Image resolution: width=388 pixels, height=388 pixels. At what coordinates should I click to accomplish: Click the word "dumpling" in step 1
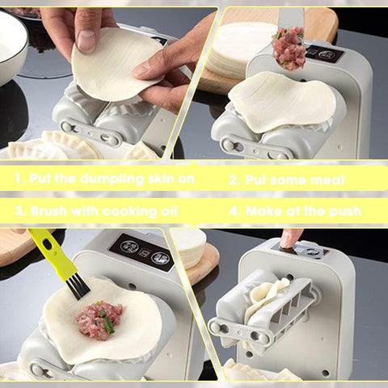pos(112,179)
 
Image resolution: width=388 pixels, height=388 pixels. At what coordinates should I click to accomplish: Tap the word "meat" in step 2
pos(327,180)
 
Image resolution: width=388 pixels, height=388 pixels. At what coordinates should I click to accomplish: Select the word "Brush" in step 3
pos(48,211)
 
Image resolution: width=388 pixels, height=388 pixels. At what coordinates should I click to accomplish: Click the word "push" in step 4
pos(345,211)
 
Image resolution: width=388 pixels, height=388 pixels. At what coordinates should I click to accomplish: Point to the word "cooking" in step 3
pos(130,212)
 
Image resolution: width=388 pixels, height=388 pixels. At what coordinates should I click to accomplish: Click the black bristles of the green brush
pos(78,287)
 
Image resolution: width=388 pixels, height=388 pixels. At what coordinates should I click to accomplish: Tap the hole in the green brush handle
pos(48,245)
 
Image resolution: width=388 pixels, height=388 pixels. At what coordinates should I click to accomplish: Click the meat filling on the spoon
pos(289,48)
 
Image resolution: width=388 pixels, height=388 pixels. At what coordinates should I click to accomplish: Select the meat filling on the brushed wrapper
pos(99,320)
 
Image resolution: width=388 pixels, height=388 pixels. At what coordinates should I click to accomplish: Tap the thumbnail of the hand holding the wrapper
pos(86,40)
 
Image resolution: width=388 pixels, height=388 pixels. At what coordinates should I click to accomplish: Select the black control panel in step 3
pos(142,252)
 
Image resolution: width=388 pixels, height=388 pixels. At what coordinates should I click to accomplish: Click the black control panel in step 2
pos(324,54)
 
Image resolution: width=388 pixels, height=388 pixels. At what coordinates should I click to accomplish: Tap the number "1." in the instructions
pos(20,179)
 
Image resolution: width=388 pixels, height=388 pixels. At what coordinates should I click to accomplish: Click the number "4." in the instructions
pos(235,211)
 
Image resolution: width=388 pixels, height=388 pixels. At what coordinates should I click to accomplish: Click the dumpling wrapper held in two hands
pos(117,65)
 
